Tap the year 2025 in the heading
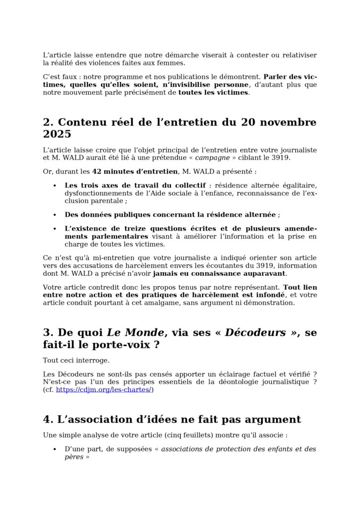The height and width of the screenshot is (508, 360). (x=57, y=134)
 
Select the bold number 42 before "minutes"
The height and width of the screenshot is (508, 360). (x=97, y=172)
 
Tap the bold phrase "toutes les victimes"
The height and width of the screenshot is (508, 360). (x=213, y=92)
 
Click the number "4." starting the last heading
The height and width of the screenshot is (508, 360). (x=48, y=420)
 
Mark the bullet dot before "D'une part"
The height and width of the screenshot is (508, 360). (x=54, y=449)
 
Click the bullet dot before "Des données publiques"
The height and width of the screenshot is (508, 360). (x=54, y=215)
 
